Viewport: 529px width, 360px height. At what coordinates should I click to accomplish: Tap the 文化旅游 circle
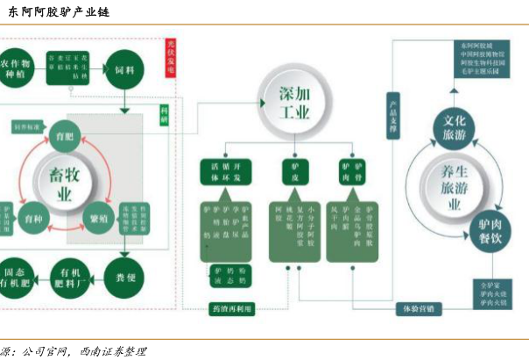pos(457,130)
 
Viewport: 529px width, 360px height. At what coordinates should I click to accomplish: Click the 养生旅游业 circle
pos(455,186)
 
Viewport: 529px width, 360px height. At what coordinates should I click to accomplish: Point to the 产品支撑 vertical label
pos(393,114)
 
